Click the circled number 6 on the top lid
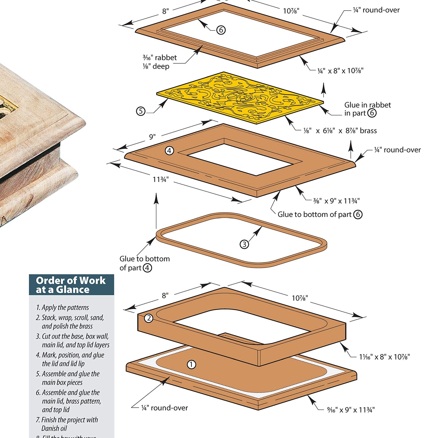click(221, 30)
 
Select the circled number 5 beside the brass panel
click(141, 111)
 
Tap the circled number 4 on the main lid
click(169, 151)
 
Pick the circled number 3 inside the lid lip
click(244, 244)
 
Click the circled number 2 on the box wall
click(149, 318)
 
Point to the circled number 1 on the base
click(191, 364)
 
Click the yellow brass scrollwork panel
click(239, 98)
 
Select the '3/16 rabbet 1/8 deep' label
click(159, 62)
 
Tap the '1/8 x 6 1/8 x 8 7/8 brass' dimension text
click(340, 131)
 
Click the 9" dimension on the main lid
click(152, 137)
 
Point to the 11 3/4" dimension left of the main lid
click(161, 179)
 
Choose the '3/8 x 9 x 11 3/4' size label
click(336, 201)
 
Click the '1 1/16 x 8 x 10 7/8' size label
click(384, 357)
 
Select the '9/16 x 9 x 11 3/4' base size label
click(351, 410)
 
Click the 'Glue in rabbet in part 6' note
click(367, 109)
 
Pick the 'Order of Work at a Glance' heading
click(71, 285)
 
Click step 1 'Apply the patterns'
click(62, 307)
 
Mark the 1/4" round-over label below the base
click(164, 408)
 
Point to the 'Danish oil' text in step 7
click(54, 428)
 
